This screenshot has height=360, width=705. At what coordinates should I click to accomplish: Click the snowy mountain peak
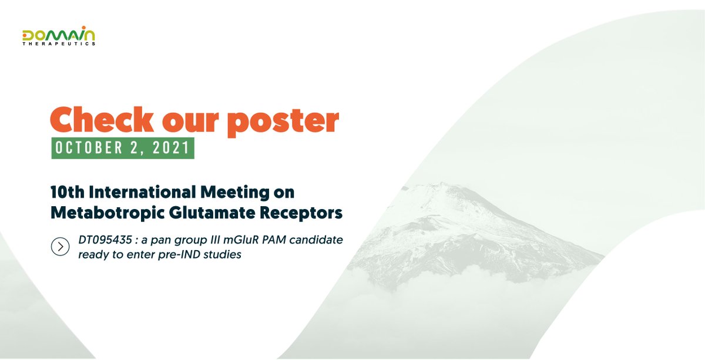pos(446,191)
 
